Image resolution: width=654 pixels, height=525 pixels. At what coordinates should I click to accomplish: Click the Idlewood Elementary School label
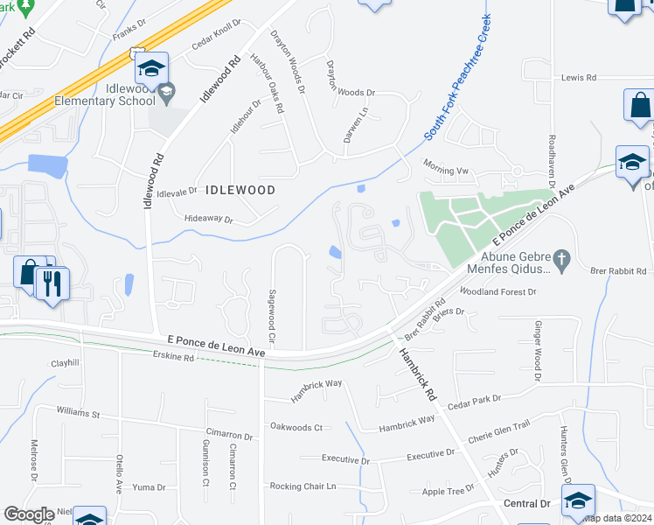tap(91, 94)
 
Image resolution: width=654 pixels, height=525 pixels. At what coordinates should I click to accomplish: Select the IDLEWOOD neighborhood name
tap(240, 189)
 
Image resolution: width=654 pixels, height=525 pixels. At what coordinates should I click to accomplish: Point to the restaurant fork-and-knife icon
tap(52, 282)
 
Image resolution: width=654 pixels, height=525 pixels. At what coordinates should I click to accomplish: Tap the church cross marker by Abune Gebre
tap(562, 260)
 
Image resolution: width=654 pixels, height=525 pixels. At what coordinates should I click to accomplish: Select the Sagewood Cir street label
tap(272, 316)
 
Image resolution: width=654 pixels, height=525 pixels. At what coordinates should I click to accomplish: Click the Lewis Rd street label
tap(578, 78)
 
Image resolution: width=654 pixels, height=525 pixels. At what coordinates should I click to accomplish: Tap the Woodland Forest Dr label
tap(497, 291)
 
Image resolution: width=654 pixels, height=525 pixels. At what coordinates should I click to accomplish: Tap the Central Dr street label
tap(527, 504)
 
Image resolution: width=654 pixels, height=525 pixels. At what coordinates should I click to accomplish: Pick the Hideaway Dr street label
tap(209, 219)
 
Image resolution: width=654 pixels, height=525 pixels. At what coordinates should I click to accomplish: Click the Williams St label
tap(79, 411)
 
